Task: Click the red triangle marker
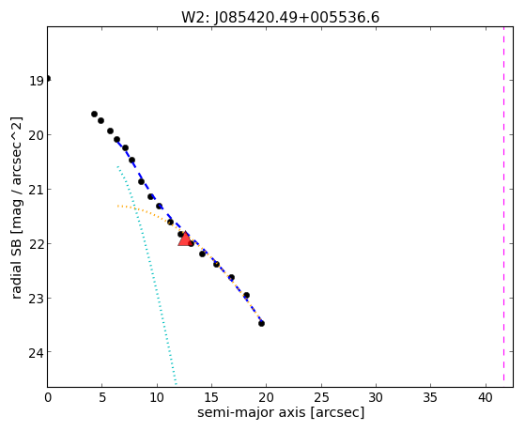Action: pos(185,239)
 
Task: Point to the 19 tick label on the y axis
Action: pos(37,81)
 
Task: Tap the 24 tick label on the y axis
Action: pos(37,353)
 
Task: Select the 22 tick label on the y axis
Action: pos(37,244)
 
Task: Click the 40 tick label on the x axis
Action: pos(486,397)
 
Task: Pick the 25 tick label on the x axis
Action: pos(321,397)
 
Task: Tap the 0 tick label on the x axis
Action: pos(48,397)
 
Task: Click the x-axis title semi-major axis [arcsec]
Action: pos(281,412)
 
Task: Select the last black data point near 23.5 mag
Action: pos(261,323)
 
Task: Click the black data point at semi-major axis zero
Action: pos(48,78)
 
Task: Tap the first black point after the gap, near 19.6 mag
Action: pos(95,114)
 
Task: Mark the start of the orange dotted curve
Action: pos(117,206)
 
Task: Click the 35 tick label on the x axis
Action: pos(430,397)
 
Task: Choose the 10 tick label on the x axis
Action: pos(157,397)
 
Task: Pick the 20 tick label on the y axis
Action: pos(37,135)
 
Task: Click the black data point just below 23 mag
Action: pos(246,295)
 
